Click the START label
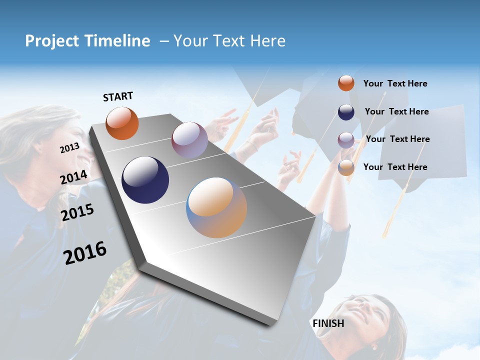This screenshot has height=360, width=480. click(118, 96)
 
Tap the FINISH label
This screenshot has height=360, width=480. click(328, 323)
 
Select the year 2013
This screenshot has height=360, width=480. click(69, 148)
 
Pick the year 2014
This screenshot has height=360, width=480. click(73, 177)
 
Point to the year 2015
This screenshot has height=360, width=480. click(77, 212)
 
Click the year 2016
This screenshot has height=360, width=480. click(85, 253)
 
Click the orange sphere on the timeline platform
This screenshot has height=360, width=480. click(122, 123)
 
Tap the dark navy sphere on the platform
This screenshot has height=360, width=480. click(145, 180)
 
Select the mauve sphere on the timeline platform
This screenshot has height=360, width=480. click(189, 140)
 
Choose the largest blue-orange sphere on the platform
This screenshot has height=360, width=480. click(216, 207)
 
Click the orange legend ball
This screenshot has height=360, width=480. click(346, 83)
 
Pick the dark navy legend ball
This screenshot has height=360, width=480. click(346, 111)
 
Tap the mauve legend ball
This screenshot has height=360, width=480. click(346, 139)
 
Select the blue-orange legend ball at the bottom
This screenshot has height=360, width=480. click(346, 167)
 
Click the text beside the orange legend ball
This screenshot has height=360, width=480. click(395, 83)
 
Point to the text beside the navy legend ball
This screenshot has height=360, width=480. click(396, 111)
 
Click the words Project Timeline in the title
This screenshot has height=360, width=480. click(87, 41)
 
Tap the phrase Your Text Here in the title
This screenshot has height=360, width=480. click(229, 41)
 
